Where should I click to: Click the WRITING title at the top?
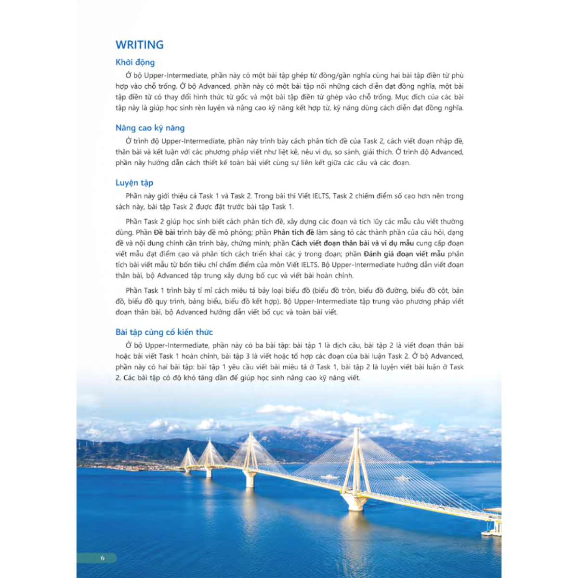140,45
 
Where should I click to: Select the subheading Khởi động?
135,62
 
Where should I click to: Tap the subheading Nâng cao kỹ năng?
150,128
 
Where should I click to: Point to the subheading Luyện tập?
134,183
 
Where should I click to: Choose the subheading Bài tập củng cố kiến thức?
164,332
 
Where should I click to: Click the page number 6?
103,558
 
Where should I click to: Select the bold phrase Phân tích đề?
294,232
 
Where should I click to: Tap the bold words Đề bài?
164,232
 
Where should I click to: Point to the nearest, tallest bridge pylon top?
357,430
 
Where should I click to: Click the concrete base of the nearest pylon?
355,502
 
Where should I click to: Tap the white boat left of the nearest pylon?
329,477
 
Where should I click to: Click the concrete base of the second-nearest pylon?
250,479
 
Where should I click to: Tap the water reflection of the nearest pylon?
355,530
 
